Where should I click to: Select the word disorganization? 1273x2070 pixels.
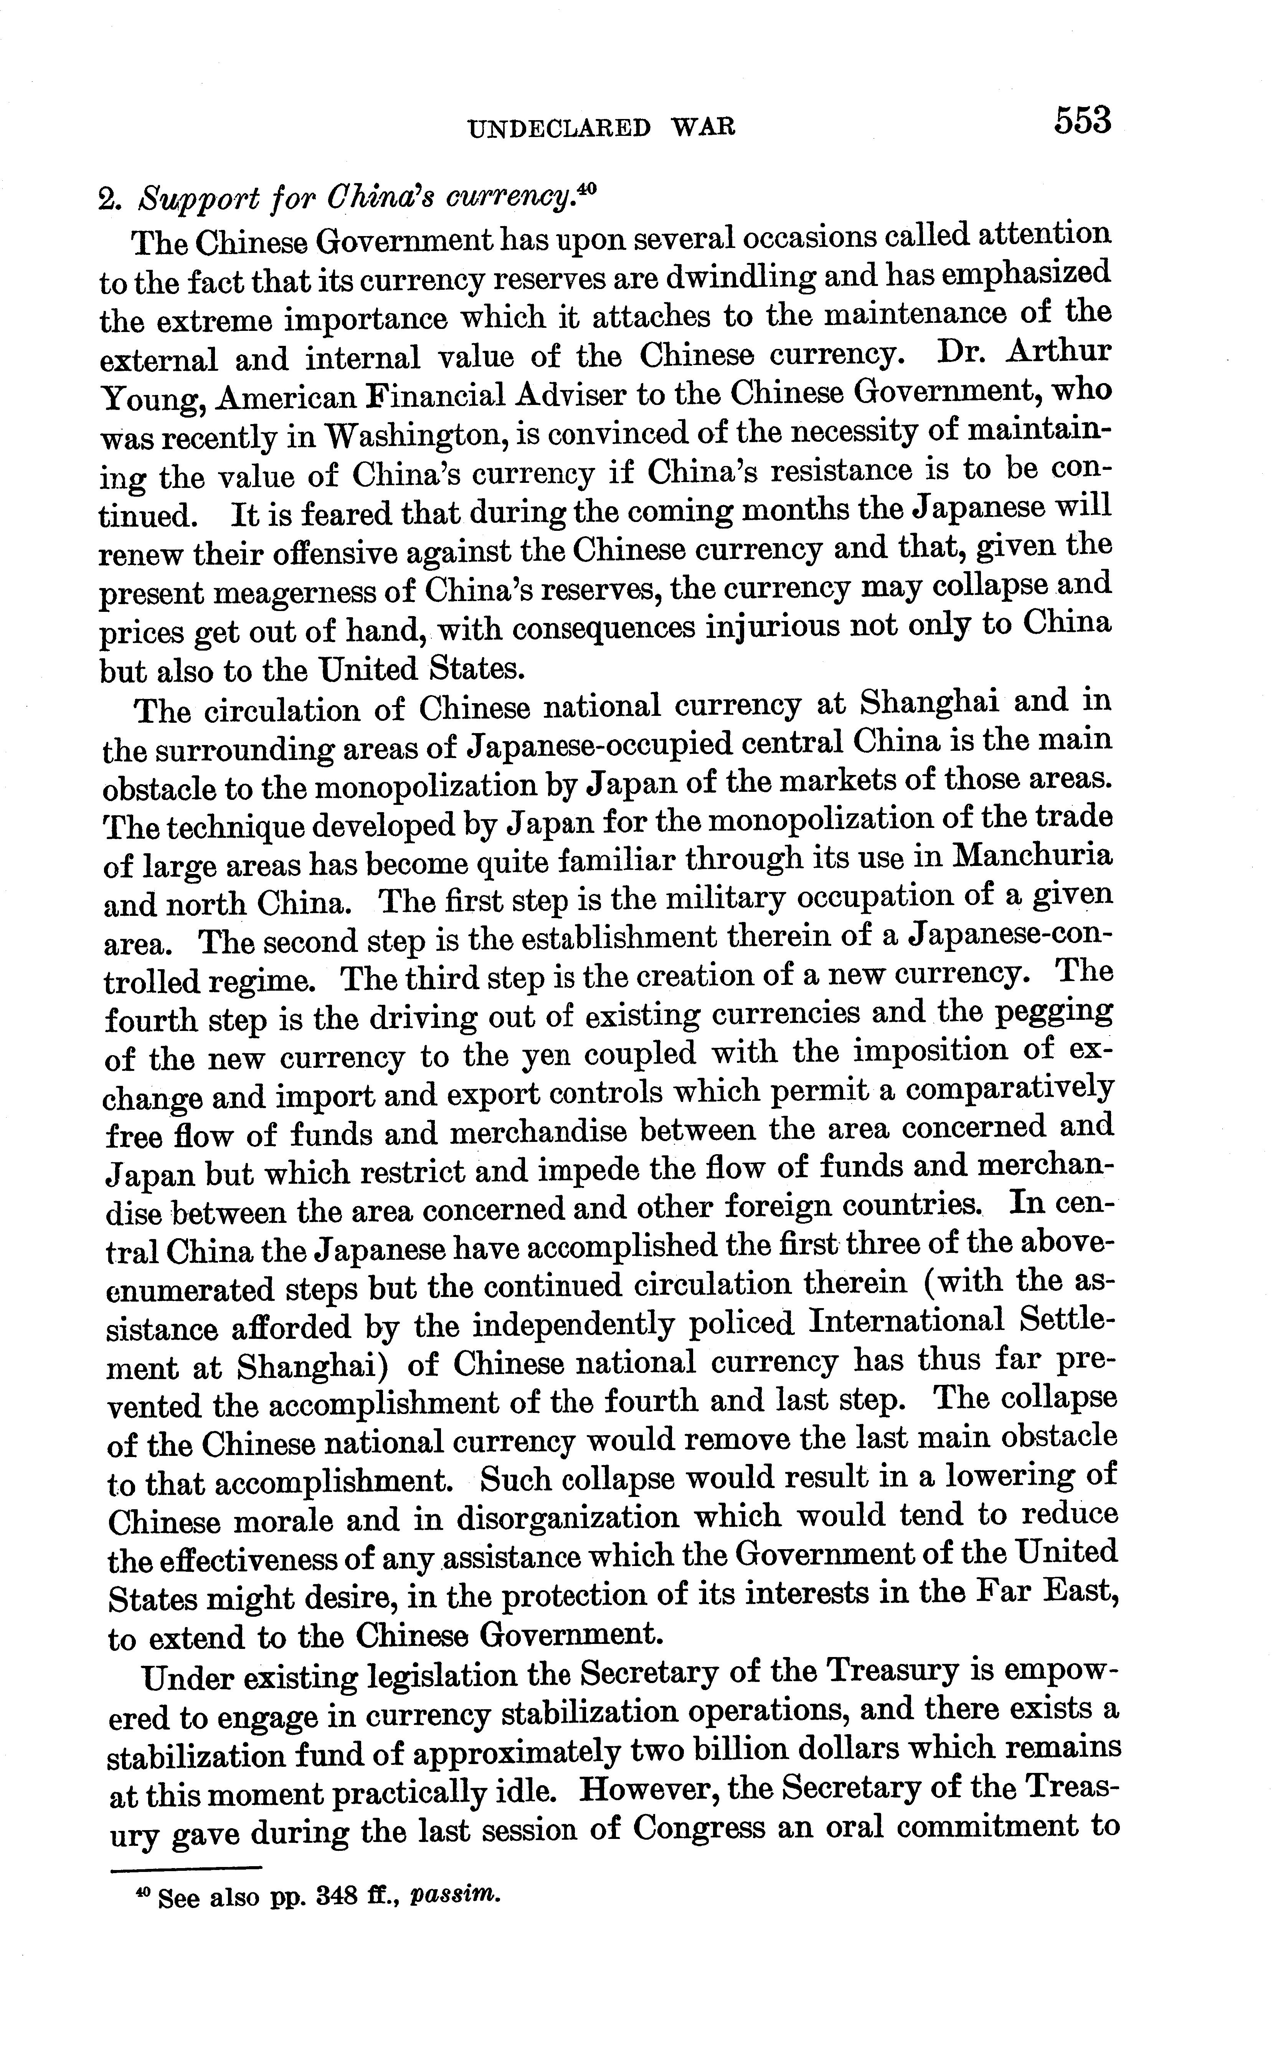pos(568,1518)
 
